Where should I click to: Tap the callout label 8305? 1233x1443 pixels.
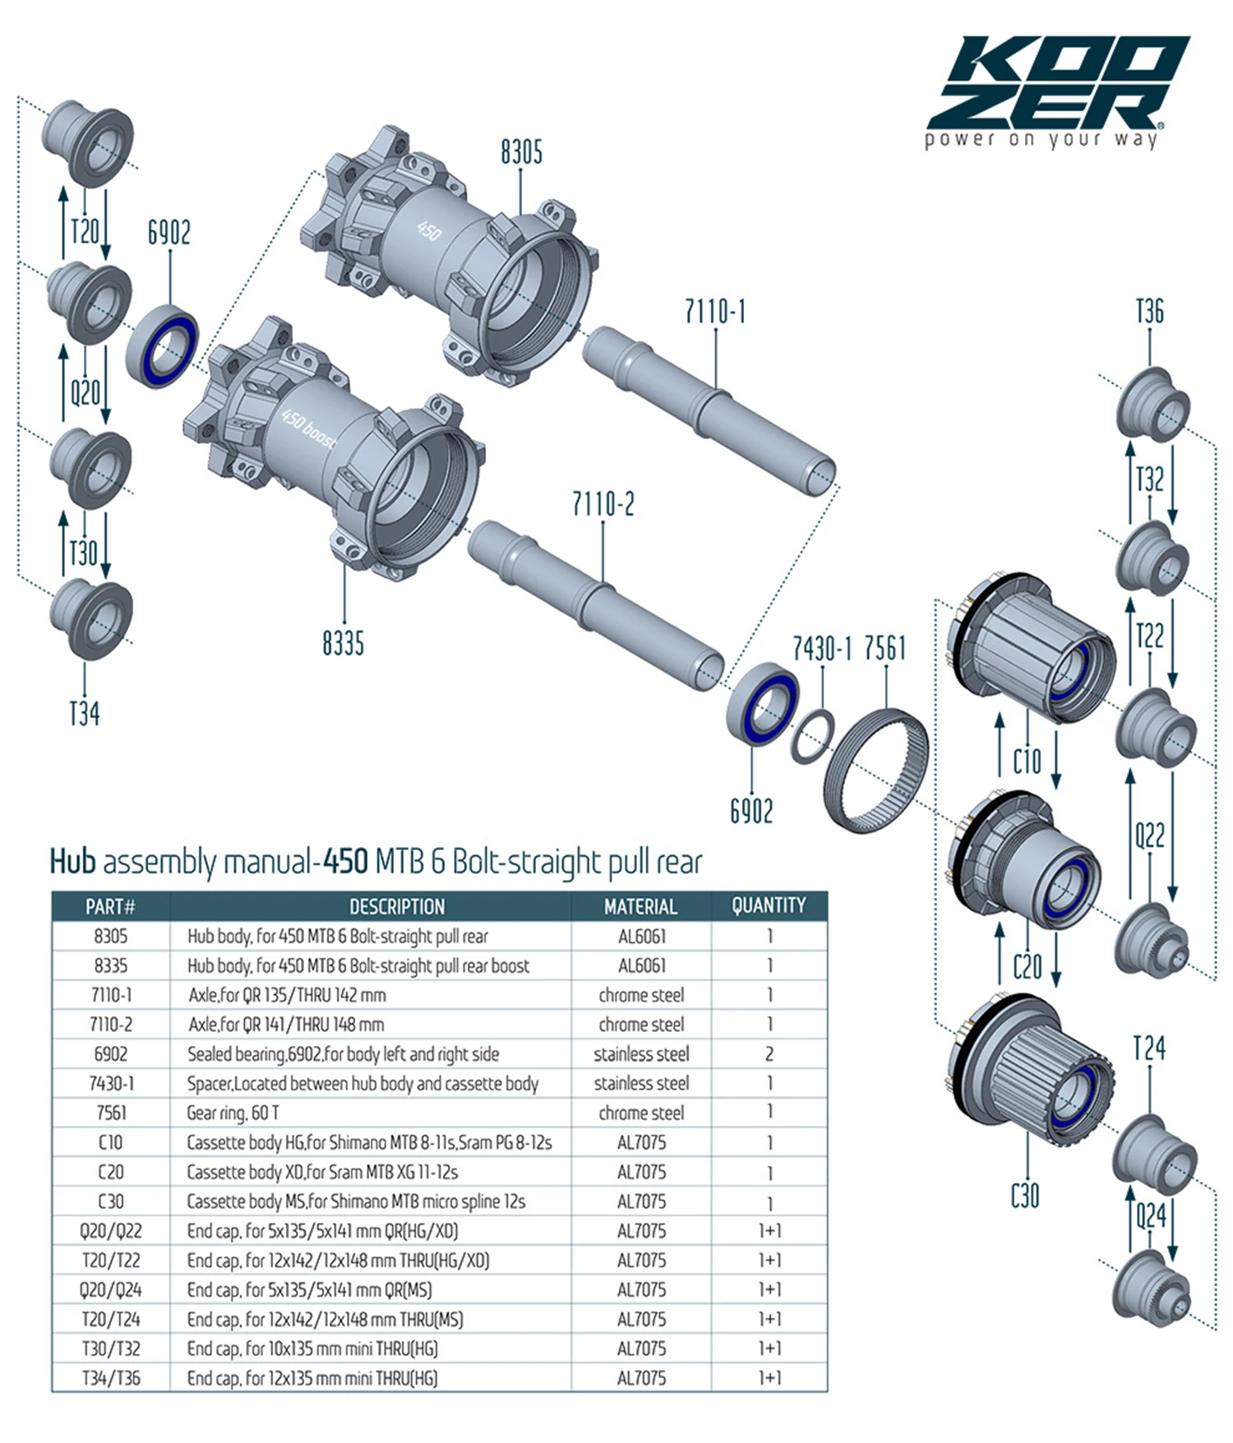[521, 152]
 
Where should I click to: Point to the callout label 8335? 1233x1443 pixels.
[343, 643]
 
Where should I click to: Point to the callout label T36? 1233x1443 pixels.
[1149, 312]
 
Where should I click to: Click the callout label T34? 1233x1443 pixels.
[85, 713]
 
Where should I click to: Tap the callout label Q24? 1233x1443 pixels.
[1150, 1214]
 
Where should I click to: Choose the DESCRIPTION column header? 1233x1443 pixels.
[397, 906]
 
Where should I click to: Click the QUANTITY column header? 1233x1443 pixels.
[769, 905]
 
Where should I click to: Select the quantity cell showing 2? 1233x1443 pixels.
[769, 1053]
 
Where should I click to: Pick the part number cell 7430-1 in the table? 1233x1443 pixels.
[111, 1083]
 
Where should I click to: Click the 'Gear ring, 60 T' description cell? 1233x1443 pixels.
[233, 1112]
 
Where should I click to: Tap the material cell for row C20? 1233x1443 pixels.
[641, 1172]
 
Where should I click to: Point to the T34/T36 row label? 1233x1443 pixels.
[111, 1378]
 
